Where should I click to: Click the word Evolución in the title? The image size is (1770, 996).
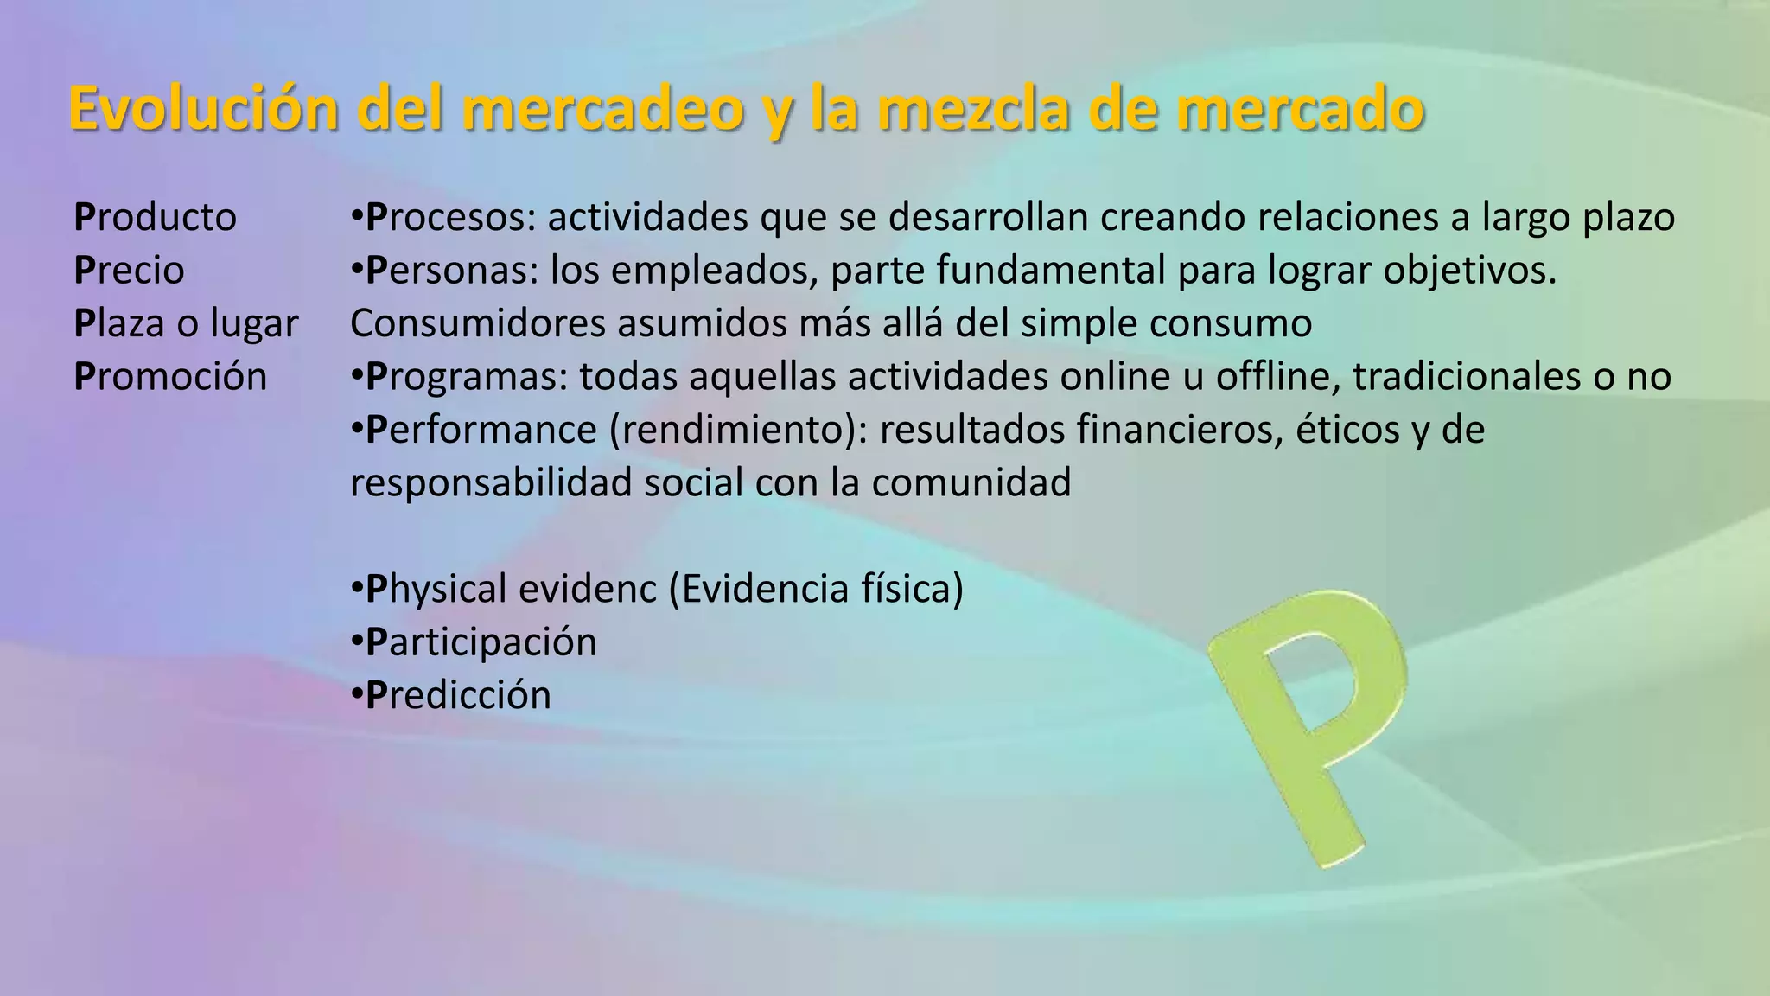[x=204, y=110]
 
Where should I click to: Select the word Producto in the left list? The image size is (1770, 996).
[x=156, y=217]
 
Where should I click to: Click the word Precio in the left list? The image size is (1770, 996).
[x=130, y=271]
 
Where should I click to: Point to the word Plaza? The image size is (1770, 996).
[x=119, y=323]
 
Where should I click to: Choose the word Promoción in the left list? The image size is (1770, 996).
[x=171, y=377]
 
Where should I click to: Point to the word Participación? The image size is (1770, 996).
[x=481, y=642]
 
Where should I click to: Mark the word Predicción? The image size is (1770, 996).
[x=458, y=696]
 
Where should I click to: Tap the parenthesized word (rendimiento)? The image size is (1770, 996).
[x=739, y=430]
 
